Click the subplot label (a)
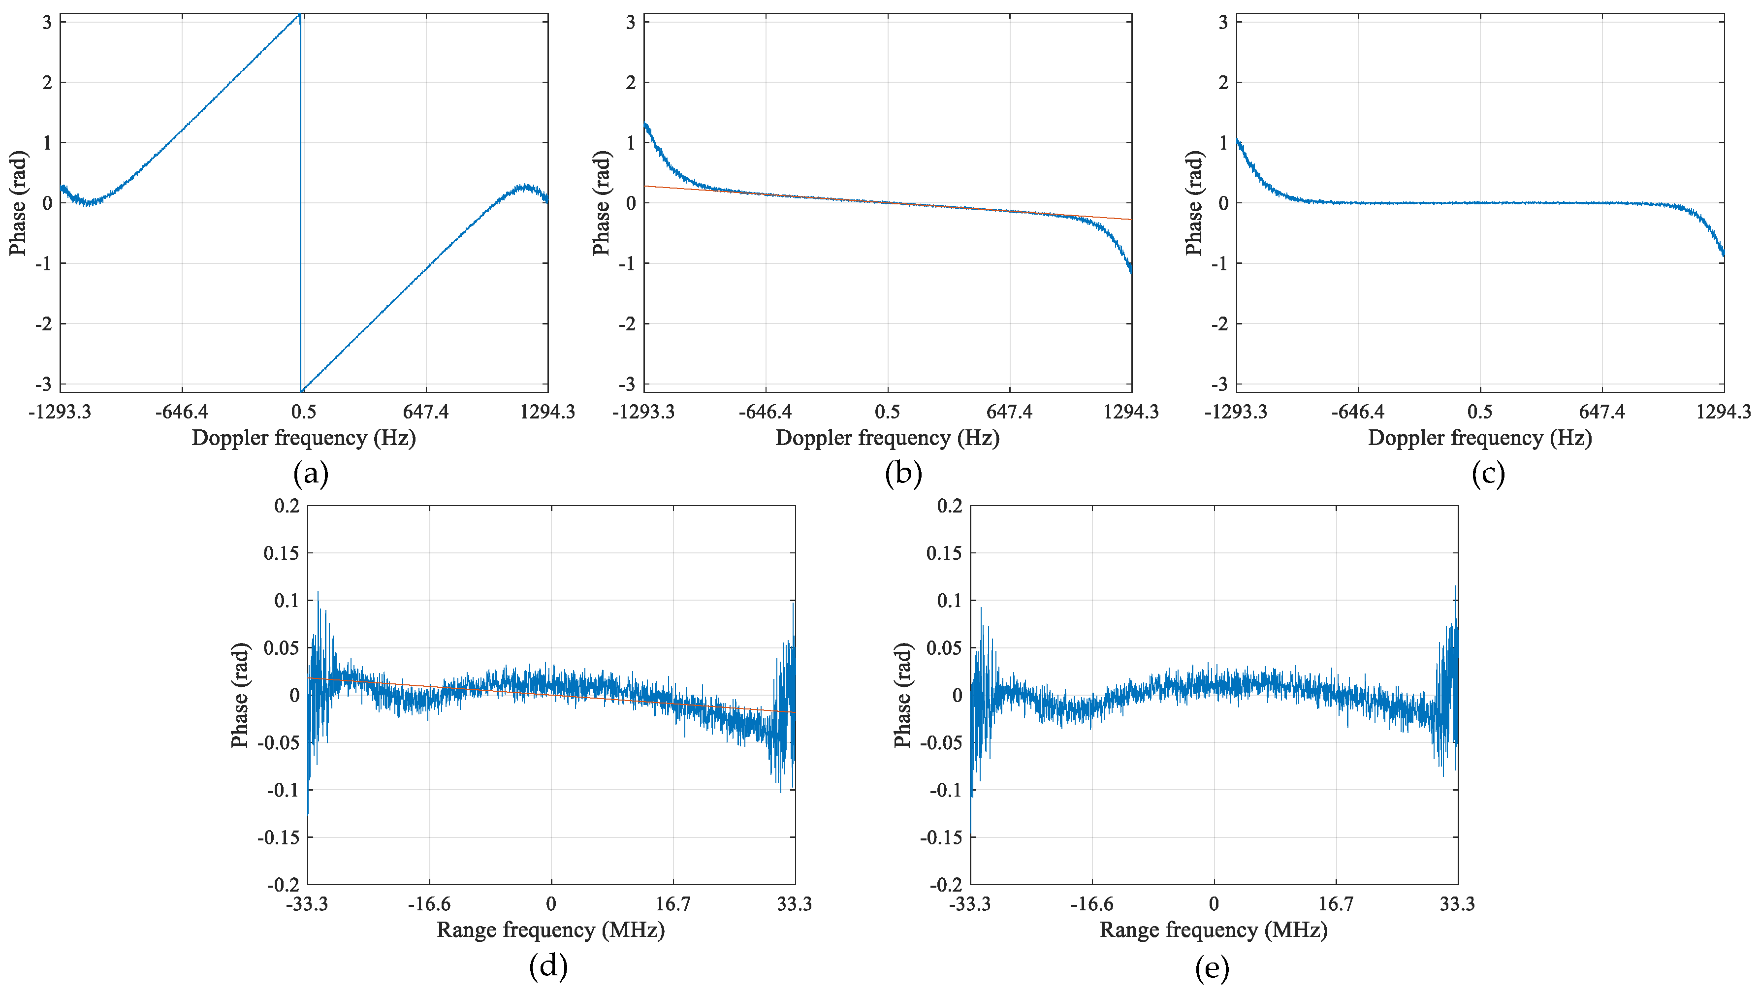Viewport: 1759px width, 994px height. click(311, 474)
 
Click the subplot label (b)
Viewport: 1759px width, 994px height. click(903, 474)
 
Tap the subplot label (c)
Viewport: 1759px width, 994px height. click(1488, 474)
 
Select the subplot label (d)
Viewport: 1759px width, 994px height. click(548, 966)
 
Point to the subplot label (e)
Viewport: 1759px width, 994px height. click(1212, 968)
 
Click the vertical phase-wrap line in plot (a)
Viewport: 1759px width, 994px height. click(300, 205)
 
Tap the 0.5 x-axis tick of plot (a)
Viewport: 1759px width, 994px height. click(304, 412)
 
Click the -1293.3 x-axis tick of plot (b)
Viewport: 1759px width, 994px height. click(643, 412)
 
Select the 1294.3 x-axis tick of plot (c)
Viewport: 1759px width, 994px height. click(1724, 412)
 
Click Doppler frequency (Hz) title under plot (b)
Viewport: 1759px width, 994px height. click(887, 438)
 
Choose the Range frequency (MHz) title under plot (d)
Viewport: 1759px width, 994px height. click(550, 930)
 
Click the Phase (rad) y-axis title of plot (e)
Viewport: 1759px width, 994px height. click(903, 695)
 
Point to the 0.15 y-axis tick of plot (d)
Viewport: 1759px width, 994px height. click(281, 553)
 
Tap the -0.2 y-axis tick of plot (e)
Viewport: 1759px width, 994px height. click(946, 885)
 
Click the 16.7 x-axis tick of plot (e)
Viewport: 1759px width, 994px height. click(1336, 904)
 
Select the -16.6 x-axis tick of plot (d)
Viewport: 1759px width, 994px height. click(429, 904)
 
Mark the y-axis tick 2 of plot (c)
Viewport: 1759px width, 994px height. click(1223, 83)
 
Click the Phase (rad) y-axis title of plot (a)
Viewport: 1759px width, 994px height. click(18, 203)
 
